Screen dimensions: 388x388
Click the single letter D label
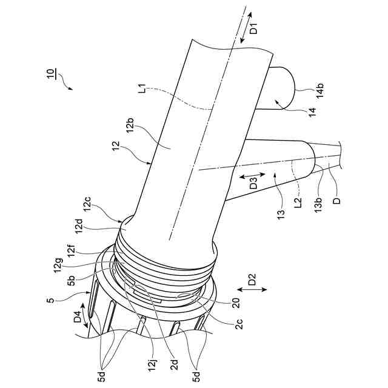click(x=338, y=197)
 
